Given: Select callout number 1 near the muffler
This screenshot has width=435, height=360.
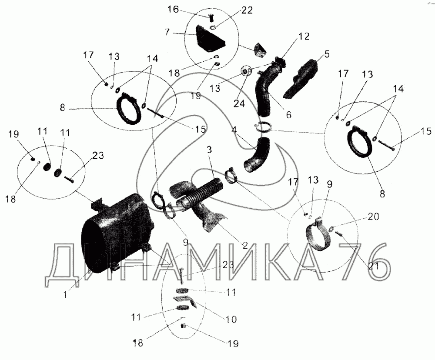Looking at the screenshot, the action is [65, 294].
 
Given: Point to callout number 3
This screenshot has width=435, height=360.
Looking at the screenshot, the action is [209, 150].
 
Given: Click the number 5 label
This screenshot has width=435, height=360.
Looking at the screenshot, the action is [327, 54].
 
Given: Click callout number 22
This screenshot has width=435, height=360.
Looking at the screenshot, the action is [247, 10].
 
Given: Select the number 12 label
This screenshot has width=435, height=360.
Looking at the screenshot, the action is [304, 37].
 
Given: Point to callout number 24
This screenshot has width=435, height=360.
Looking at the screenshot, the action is [239, 104].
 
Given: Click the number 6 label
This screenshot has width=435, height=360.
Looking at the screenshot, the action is [288, 114].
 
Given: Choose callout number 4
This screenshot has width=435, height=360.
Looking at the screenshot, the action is [235, 130].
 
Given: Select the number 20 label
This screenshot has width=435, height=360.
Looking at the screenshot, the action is [373, 217].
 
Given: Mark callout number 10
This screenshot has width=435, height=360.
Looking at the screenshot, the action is [231, 319].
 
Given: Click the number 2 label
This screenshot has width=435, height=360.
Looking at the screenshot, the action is [244, 245].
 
